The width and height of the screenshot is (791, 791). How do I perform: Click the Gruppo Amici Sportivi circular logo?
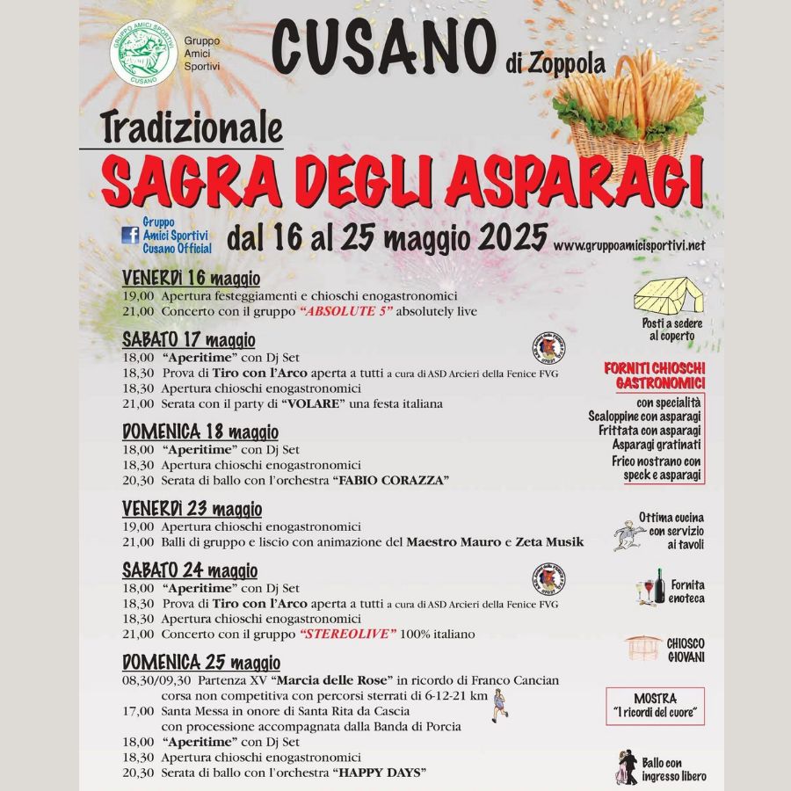pyautogui.click(x=145, y=52)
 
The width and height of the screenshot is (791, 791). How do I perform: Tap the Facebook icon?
pyautogui.click(x=130, y=235)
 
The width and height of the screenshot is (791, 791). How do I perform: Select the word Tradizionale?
pyautogui.click(x=192, y=127)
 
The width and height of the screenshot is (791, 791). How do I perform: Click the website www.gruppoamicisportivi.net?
pyautogui.click(x=629, y=246)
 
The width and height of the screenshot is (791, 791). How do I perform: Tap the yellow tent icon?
pyautogui.click(x=669, y=295)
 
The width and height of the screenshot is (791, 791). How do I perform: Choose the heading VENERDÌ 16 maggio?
pyautogui.click(x=191, y=279)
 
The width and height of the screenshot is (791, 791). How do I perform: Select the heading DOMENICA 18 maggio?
pyautogui.click(x=200, y=432)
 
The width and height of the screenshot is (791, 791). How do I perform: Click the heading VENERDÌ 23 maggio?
pyautogui.click(x=192, y=509)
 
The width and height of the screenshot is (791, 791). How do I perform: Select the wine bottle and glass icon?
pyautogui.click(x=651, y=588)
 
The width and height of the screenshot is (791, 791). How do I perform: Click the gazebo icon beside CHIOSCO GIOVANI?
pyautogui.click(x=643, y=649)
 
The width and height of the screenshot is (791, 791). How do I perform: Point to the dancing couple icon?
pyautogui.click(x=626, y=767)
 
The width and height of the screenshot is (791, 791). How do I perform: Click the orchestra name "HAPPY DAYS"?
pyautogui.click(x=380, y=773)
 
